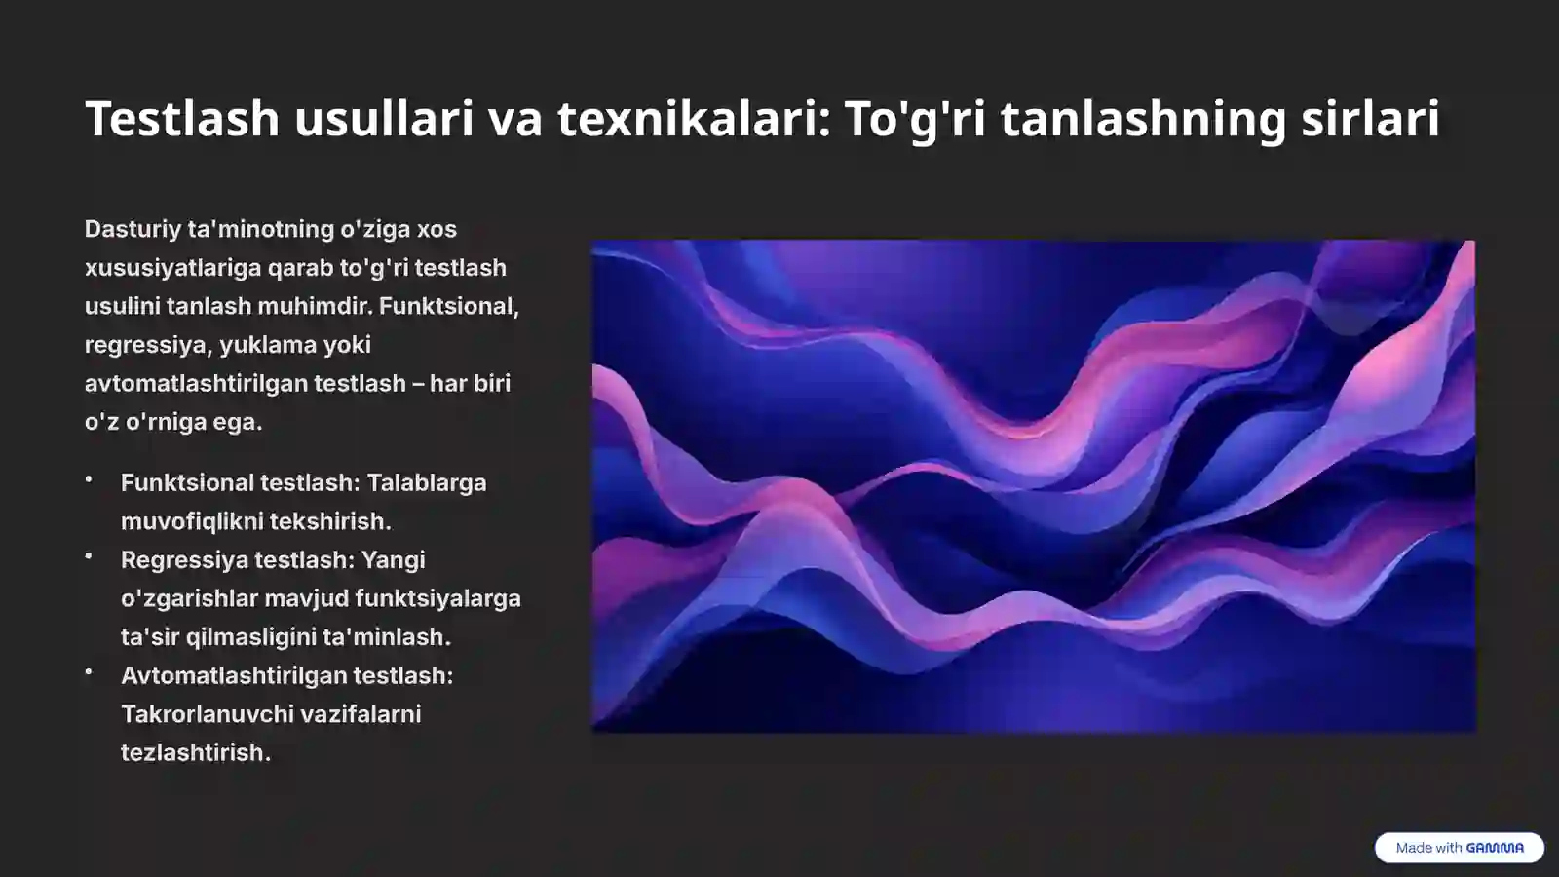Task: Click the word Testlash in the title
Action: click(182, 119)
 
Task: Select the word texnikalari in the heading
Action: click(694, 119)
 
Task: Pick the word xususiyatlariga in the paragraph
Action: click(172, 268)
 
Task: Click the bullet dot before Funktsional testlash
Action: click(89, 479)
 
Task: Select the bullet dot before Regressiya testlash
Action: click(89, 556)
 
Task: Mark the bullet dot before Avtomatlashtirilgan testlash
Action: click(89, 671)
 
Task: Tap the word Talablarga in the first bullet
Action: click(426, 483)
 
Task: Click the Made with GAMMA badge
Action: click(1459, 848)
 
